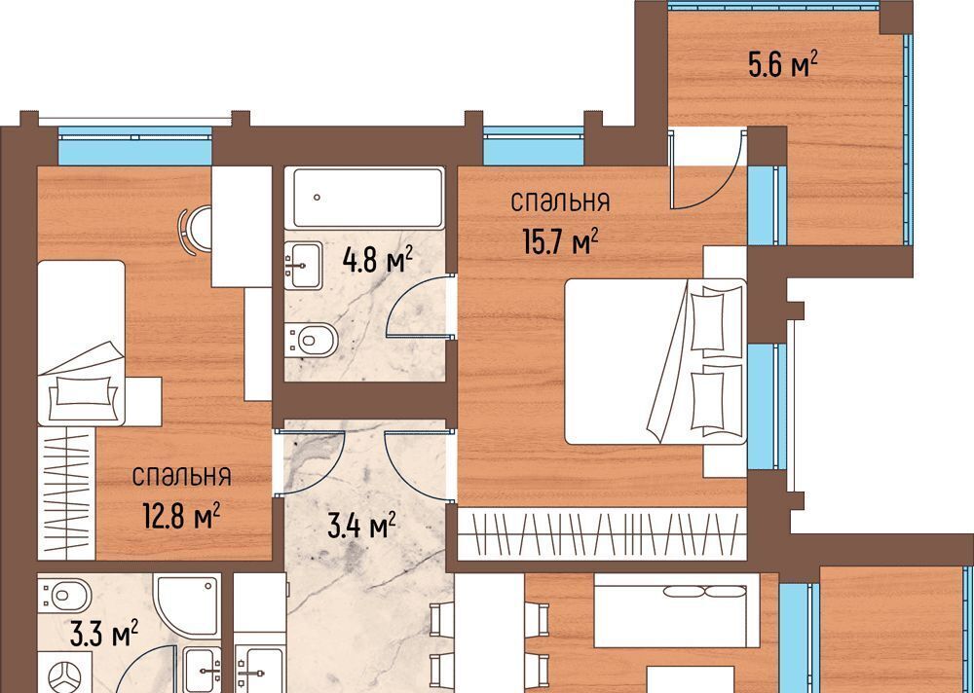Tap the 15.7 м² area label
561,241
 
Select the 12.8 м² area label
181,516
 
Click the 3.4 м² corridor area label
362,527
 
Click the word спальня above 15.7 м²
560,201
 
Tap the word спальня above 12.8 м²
182,476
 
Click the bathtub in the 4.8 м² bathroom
368,199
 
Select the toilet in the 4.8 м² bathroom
312,341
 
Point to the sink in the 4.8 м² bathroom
303,265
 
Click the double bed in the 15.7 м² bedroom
656,361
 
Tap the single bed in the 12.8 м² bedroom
82,343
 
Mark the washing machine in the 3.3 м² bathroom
65,674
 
